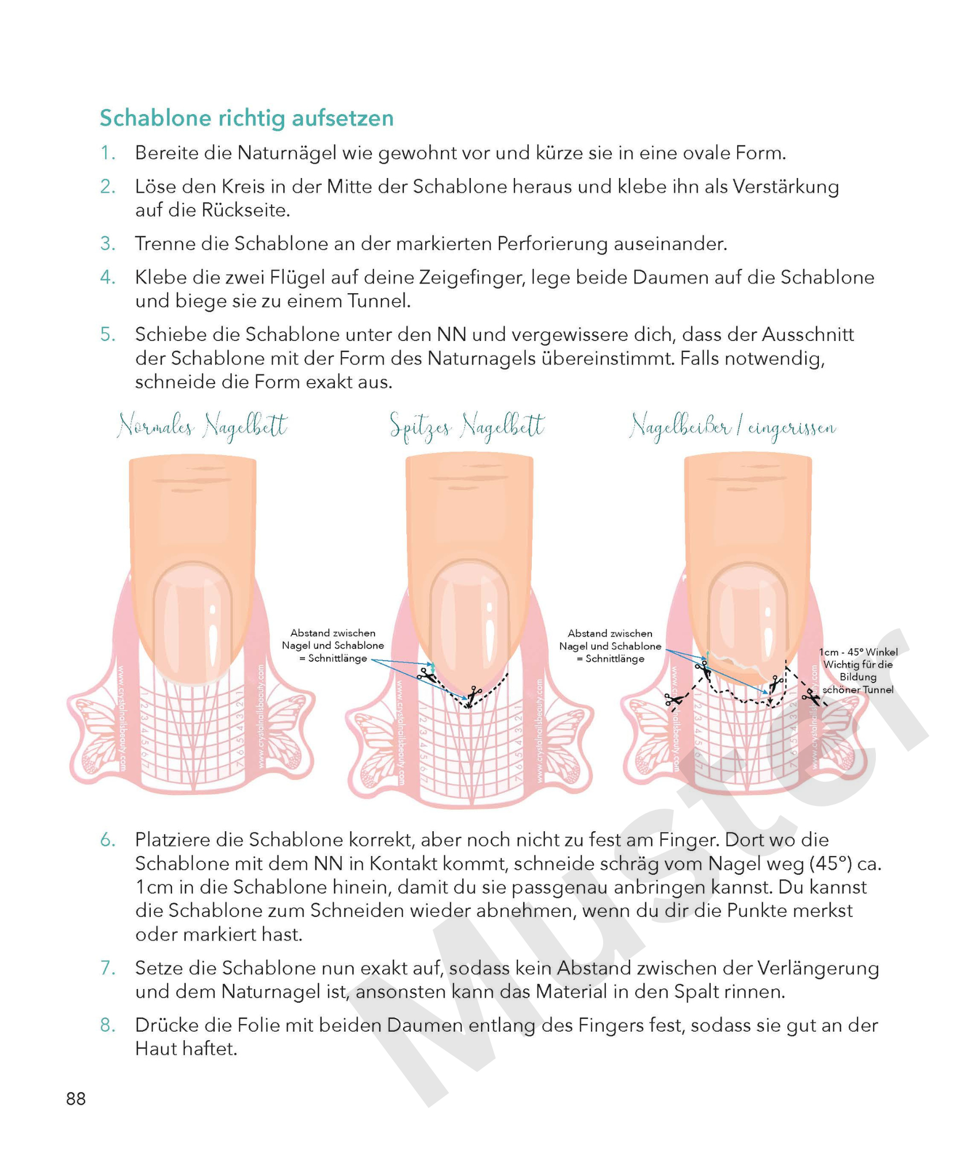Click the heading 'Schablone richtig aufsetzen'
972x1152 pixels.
click(246, 118)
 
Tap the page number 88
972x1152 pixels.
click(76, 1098)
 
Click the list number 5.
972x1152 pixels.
click(108, 334)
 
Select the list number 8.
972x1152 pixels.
click(108, 1025)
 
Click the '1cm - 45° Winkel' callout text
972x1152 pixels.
click(857, 652)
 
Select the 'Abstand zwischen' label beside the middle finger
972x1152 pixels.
click(333, 633)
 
